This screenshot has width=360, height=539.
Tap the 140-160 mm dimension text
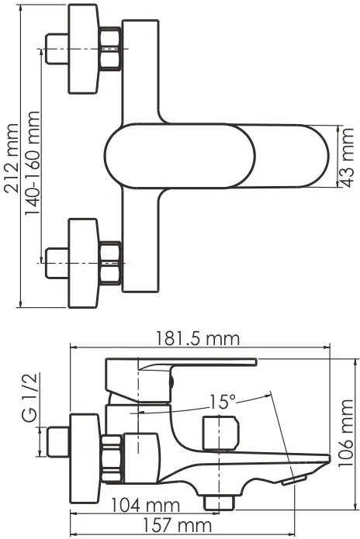[33, 164]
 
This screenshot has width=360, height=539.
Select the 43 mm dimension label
[348, 157]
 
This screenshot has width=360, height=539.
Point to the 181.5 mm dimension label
[198, 339]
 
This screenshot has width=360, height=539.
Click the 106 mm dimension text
[345, 433]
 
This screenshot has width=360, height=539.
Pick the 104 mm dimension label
[145, 506]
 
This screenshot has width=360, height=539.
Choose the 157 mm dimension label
[177, 526]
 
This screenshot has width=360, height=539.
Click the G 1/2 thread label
[29, 397]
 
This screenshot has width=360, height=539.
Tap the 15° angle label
[223, 402]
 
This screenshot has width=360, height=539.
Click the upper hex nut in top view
[110, 48]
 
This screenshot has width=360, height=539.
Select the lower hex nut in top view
[110, 264]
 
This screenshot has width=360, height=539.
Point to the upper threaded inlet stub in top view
[57, 48]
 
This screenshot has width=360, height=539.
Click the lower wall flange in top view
[84, 263]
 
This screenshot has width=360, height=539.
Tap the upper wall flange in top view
[84, 49]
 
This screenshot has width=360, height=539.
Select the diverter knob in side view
[220, 433]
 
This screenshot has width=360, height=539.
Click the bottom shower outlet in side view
[219, 503]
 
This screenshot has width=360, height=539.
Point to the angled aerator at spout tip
[294, 480]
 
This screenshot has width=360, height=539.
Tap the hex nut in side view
[112, 458]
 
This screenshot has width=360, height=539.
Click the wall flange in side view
[85, 459]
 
